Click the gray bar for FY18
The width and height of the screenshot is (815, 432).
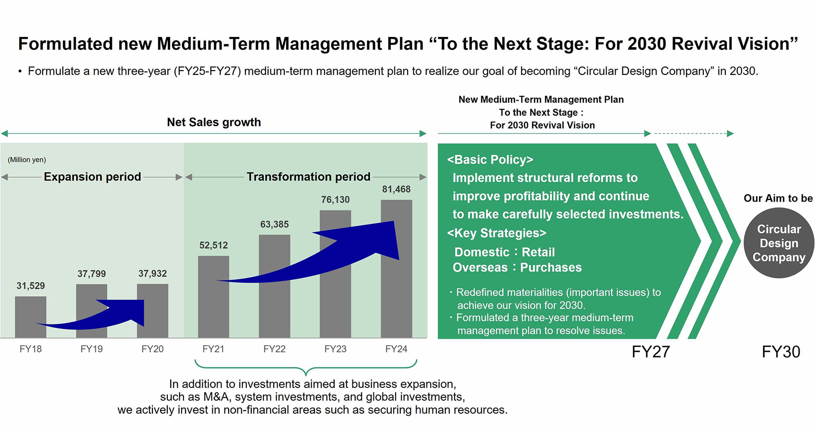pyautogui.click(x=31, y=317)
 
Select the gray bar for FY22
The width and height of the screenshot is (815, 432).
pyautogui.click(x=274, y=286)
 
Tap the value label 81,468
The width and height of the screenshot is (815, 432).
pyautogui.click(x=396, y=189)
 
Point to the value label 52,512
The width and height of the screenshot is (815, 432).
pyautogui.click(x=213, y=245)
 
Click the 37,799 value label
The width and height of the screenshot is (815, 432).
pyautogui.click(x=91, y=274)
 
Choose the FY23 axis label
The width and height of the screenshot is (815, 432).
pyautogui.click(x=335, y=349)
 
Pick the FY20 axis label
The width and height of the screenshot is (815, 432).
pyautogui.click(x=152, y=349)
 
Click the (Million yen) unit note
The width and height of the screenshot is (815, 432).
pyautogui.click(x=27, y=159)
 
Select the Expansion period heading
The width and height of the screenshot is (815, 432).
pyautogui.click(x=93, y=177)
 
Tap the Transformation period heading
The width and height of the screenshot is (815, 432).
pyautogui.click(x=309, y=177)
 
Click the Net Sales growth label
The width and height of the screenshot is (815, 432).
pyautogui.click(x=214, y=122)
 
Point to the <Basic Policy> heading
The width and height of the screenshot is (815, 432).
pyautogui.click(x=490, y=159)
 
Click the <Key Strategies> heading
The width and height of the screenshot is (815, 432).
pyautogui.click(x=497, y=233)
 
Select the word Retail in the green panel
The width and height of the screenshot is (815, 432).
pyautogui.click(x=538, y=252)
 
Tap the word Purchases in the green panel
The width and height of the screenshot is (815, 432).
pyautogui.click(x=551, y=267)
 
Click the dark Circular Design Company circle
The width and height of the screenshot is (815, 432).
pyautogui.click(x=779, y=243)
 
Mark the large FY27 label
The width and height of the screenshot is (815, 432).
pyautogui.click(x=651, y=352)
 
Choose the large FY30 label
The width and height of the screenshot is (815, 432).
pyautogui.click(x=781, y=352)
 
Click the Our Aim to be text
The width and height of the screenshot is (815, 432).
pyautogui.click(x=778, y=198)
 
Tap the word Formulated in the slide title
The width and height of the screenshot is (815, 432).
pyautogui.click(x=66, y=44)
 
